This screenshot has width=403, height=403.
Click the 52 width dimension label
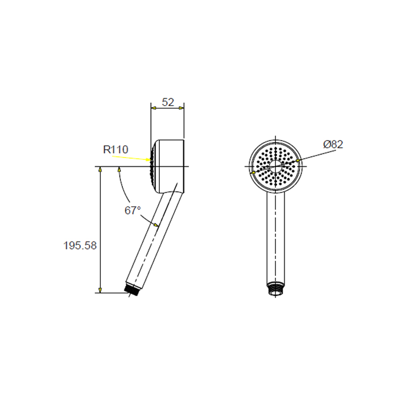tap(168, 102)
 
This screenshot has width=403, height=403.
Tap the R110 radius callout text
tap(116, 150)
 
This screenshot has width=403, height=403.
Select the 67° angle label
tap(132, 211)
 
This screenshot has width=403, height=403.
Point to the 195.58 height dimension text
tap(80, 245)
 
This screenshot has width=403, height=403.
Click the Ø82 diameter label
tap(333, 145)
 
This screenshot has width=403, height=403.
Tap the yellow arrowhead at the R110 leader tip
tap(148, 160)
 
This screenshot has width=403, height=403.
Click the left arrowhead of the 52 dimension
tap(154, 108)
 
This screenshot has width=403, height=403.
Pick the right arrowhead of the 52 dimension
tap(181, 108)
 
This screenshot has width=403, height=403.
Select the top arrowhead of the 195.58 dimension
tap(100, 169)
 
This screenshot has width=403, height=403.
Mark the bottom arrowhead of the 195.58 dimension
tap(100, 290)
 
